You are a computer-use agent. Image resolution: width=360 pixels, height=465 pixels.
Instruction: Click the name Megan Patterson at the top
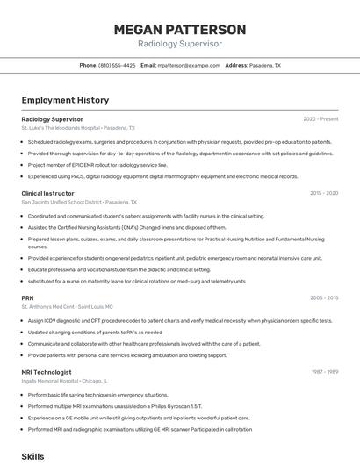180,29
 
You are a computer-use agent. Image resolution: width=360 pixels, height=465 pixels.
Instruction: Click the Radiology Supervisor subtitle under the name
180,44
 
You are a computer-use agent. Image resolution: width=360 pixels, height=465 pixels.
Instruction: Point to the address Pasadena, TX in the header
265,65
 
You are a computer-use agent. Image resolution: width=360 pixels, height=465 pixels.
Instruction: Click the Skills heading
32,456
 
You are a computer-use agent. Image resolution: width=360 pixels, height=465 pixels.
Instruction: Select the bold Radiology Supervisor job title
52,118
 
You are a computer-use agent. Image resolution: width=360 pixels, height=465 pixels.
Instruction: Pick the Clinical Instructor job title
47,192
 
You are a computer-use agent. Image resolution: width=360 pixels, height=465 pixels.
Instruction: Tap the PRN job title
27,297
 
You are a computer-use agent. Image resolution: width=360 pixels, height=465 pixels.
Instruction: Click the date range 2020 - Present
320,118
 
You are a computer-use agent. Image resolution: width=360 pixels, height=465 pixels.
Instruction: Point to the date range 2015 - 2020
324,192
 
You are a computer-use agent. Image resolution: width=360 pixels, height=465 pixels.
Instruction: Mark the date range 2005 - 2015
324,297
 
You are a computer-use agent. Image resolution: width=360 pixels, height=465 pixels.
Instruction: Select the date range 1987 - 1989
324,371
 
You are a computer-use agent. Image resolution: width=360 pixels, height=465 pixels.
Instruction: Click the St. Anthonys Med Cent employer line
67,307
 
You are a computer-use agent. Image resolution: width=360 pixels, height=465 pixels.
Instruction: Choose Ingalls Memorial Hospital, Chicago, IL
64,381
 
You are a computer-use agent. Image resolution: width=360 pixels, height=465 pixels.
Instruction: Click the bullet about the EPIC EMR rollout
97,164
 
